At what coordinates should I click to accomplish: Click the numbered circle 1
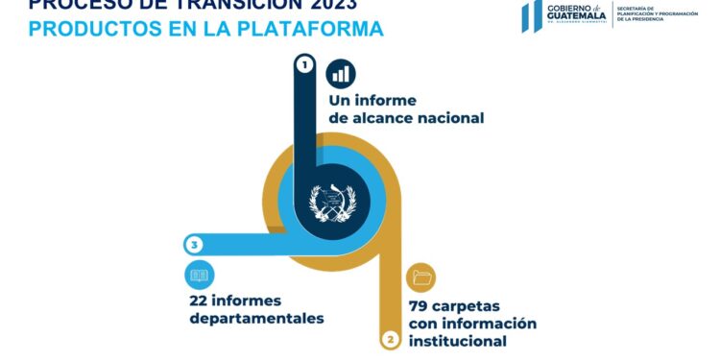click(x=304, y=65)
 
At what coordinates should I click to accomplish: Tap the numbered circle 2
click(x=390, y=339)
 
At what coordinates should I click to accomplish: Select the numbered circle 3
click(x=195, y=245)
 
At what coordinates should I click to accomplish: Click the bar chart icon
click(x=341, y=73)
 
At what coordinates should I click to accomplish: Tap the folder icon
click(x=421, y=278)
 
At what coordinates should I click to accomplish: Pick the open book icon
click(x=199, y=276)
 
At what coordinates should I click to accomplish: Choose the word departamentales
click(x=256, y=318)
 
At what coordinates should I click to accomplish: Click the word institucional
click(x=457, y=341)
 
